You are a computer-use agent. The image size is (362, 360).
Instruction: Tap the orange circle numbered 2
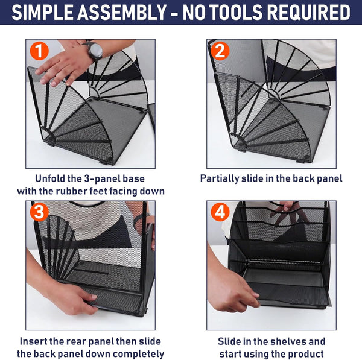click(x=220, y=52)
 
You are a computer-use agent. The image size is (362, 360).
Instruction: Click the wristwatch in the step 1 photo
click(x=95, y=51)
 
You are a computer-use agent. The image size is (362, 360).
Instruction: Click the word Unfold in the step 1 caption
click(x=52, y=178)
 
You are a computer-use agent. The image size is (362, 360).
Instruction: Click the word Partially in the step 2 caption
click(x=224, y=178)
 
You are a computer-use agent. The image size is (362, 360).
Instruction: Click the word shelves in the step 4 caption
click(x=283, y=341)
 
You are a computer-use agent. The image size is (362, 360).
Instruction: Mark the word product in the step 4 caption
click(x=305, y=353)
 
